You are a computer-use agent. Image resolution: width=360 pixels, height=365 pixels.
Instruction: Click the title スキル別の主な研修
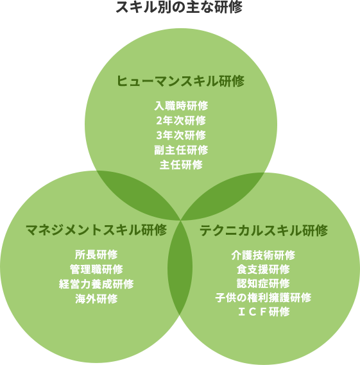pyautogui.click(x=179, y=7)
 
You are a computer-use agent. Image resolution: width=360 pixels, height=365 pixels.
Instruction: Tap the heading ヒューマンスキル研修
pyautogui.click(x=180, y=81)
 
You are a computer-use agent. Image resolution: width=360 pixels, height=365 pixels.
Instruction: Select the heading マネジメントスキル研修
pyautogui.click(x=96, y=230)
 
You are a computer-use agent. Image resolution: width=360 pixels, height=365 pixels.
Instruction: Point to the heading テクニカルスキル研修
pyautogui.click(x=263, y=230)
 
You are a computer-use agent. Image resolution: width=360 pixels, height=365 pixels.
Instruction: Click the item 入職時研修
pyautogui.click(x=181, y=106)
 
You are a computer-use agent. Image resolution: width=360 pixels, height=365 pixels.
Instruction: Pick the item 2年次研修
pyautogui.click(x=181, y=121)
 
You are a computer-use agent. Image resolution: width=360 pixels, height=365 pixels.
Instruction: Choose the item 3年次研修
pyautogui.click(x=181, y=135)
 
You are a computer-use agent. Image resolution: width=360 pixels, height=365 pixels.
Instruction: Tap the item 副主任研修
pyautogui.click(x=181, y=150)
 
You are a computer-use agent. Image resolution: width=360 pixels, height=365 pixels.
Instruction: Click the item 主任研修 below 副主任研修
pyautogui.click(x=181, y=165)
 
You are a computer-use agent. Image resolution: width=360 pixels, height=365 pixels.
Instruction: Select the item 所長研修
pyautogui.click(x=96, y=255)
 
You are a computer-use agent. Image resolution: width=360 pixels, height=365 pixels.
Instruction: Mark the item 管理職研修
pyautogui.click(x=96, y=269)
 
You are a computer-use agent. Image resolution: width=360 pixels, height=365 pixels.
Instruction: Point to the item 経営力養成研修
pyautogui.click(x=96, y=284)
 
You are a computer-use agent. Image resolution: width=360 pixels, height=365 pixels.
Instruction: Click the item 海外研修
pyautogui.click(x=96, y=299)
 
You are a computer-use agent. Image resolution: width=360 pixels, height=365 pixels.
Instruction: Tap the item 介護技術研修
pyautogui.click(x=263, y=255)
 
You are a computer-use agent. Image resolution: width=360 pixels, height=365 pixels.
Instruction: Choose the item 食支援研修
pyautogui.click(x=263, y=269)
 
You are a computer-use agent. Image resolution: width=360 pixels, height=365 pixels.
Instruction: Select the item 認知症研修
pyautogui.click(x=263, y=284)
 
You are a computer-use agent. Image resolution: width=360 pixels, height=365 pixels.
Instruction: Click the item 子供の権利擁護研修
pyautogui.click(x=263, y=298)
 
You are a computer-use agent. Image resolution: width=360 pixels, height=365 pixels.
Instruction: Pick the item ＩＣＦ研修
pyautogui.click(x=263, y=312)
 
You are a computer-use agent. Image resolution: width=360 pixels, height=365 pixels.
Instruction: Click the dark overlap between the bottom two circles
pyautogui.click(x=180, y=267)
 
